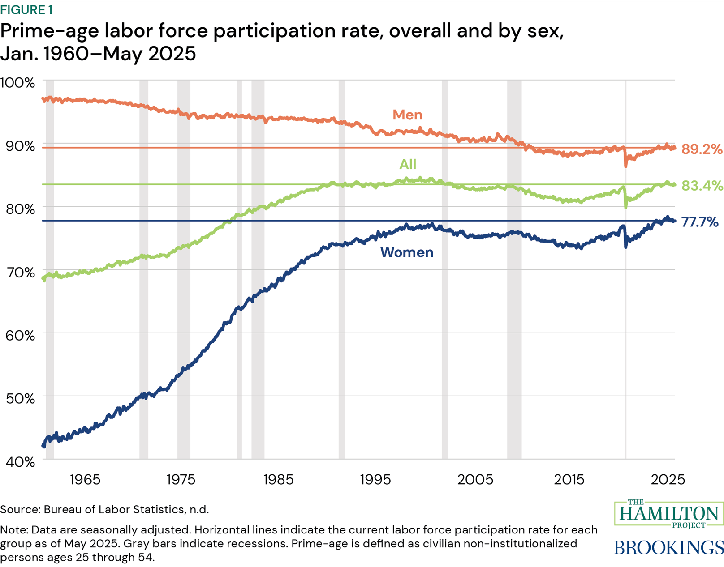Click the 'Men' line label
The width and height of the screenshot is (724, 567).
[407, 115]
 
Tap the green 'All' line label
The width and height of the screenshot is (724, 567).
[408, 164]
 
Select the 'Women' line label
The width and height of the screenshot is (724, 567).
[407, 252]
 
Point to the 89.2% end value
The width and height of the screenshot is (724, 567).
[702, 149]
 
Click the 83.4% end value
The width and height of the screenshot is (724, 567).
[702, 185]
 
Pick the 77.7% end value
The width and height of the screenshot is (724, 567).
[700, 222]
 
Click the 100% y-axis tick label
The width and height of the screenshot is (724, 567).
[18, 83]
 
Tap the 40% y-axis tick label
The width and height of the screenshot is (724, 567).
[20, 462]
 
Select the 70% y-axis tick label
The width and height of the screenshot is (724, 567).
[20, 273]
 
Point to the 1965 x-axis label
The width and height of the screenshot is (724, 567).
[85, 480]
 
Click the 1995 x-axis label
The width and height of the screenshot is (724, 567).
[375, 480]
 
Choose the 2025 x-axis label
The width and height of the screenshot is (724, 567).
[668, 480]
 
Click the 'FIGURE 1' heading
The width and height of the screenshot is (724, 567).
[26, 10]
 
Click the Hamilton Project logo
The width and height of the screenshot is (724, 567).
[669, 513]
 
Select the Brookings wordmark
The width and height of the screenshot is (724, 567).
[668, 547]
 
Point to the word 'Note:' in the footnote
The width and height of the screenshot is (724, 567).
[14, 530]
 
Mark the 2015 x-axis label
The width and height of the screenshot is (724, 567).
[569, 480]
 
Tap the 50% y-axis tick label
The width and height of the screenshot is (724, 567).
[20, 399]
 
